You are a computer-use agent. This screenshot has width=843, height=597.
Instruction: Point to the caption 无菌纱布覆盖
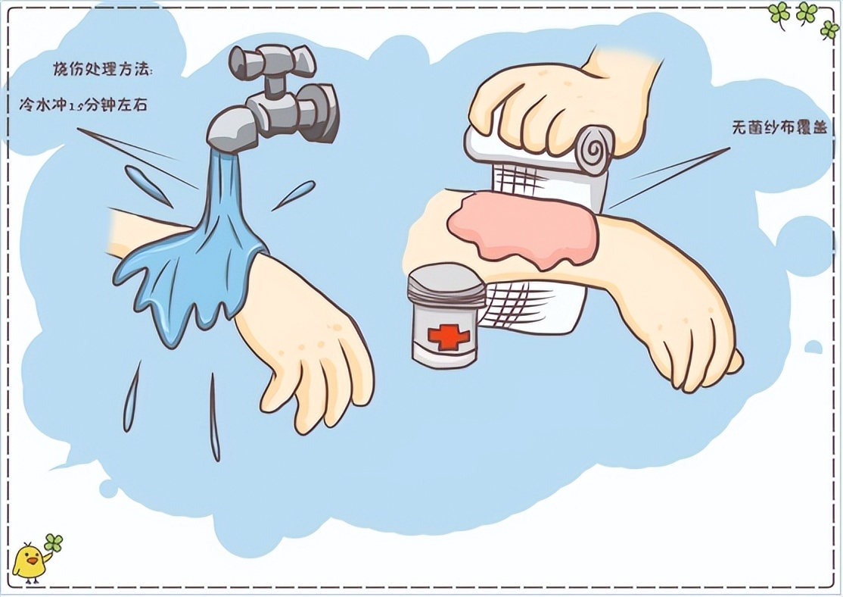click(779, 128)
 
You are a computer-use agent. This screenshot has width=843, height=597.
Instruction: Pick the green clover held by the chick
click(54, 542)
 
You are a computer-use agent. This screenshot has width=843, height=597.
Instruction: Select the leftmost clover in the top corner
click(779, 14)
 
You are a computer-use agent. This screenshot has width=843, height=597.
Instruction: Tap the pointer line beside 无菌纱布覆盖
click(669, 177)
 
